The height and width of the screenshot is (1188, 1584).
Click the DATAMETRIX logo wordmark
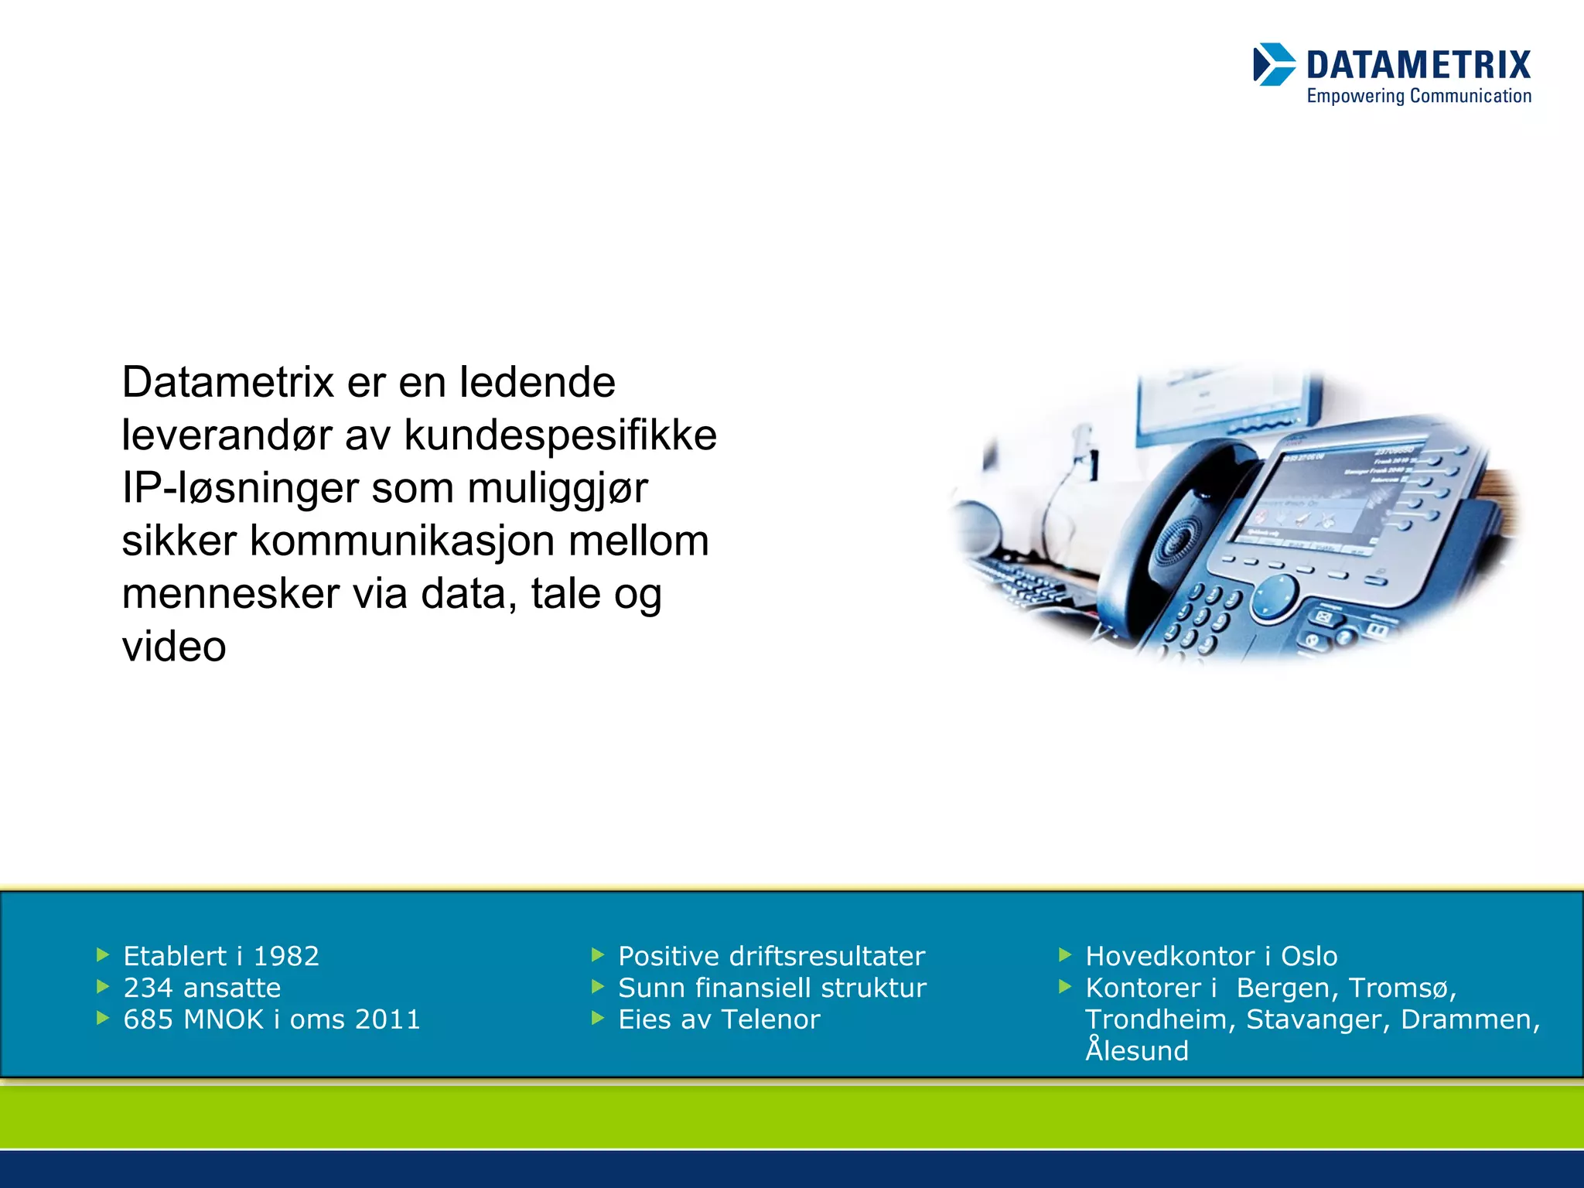click(1418, 65)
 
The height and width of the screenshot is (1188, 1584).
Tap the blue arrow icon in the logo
click(1273, 64)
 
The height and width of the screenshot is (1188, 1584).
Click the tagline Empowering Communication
click(1418, 97)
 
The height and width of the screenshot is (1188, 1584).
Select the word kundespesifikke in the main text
click(560, 435)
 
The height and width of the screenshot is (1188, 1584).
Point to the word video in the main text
click(174, 647)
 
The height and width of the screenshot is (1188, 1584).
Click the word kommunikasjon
click(401, 541)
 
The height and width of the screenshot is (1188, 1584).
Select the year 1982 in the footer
click(285, 957)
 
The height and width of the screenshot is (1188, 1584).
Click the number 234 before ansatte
click(148, 988)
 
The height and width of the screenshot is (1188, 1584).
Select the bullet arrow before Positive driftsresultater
click(597, 956)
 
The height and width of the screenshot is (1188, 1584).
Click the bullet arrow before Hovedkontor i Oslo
click(1065, 956)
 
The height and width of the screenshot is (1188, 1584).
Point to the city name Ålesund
click(1136, 1051)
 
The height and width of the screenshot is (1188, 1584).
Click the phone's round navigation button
click(1274, 597)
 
